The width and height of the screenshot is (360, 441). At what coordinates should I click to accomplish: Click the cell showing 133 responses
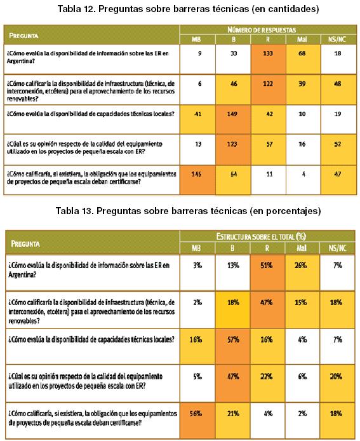pos(268,59)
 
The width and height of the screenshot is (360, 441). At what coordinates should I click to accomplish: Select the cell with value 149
pos(232,119)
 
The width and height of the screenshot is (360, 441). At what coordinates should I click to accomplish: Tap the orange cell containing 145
pos(197,180)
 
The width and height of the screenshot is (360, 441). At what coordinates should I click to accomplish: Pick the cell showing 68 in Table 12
pos(303,59)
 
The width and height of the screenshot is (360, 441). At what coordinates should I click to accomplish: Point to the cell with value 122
pos(268,90)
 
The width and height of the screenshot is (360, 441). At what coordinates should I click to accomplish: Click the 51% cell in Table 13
pos(267,273)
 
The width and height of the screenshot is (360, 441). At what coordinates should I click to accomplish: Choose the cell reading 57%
pos(232,346)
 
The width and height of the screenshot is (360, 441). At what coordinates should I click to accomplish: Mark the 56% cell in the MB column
pos(197,420)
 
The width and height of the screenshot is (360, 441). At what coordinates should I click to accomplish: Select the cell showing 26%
pos(302,273)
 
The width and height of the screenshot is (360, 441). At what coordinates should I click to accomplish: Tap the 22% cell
pos(267,383)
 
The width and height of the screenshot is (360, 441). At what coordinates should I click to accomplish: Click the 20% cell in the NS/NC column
pos(337,383)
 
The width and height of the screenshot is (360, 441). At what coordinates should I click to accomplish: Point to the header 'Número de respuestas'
pos(262,29)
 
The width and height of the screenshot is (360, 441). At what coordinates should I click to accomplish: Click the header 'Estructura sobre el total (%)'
pos(261,236)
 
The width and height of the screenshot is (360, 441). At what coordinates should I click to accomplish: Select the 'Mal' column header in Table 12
pos(302,39)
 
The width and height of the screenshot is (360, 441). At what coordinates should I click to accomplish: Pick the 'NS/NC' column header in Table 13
pos(337,248)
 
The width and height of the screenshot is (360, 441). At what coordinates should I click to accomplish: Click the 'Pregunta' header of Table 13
pos(25,243)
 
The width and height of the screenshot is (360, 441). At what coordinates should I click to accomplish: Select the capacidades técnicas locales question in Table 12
pos(91,114)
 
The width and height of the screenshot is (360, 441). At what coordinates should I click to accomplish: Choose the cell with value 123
pos(232,149)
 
